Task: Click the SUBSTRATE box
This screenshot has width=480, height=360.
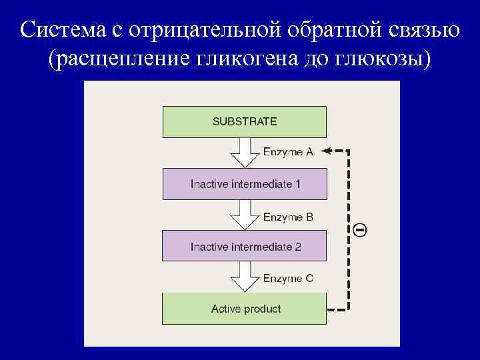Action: tap(245, 121)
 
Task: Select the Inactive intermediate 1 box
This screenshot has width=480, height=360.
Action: tap(245, 184)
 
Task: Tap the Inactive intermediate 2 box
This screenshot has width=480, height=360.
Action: tap(245, 247)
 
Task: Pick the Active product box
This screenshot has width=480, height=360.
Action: tap(245, 309)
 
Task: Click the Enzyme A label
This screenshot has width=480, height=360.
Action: tap(288, 152)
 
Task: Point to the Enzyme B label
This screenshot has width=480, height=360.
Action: tap(288, 217)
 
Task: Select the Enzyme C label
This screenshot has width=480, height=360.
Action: tap(288, 279)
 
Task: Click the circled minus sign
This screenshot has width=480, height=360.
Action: tap(359, 231)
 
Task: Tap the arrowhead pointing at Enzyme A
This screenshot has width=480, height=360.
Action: tap(326, 151)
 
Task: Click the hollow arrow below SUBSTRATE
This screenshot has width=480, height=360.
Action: tap(245, 153)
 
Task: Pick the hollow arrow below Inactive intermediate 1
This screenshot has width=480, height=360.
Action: tap(245, 215)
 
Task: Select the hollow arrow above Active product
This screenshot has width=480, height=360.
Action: tap(245, 278)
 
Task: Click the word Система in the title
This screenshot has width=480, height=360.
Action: tap(63, 30)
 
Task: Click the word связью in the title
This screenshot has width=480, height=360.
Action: tap(424, 30)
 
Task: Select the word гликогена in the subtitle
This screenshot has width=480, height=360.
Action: tap(244, 59)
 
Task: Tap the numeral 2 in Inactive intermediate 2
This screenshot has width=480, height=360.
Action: tap(298, 247)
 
